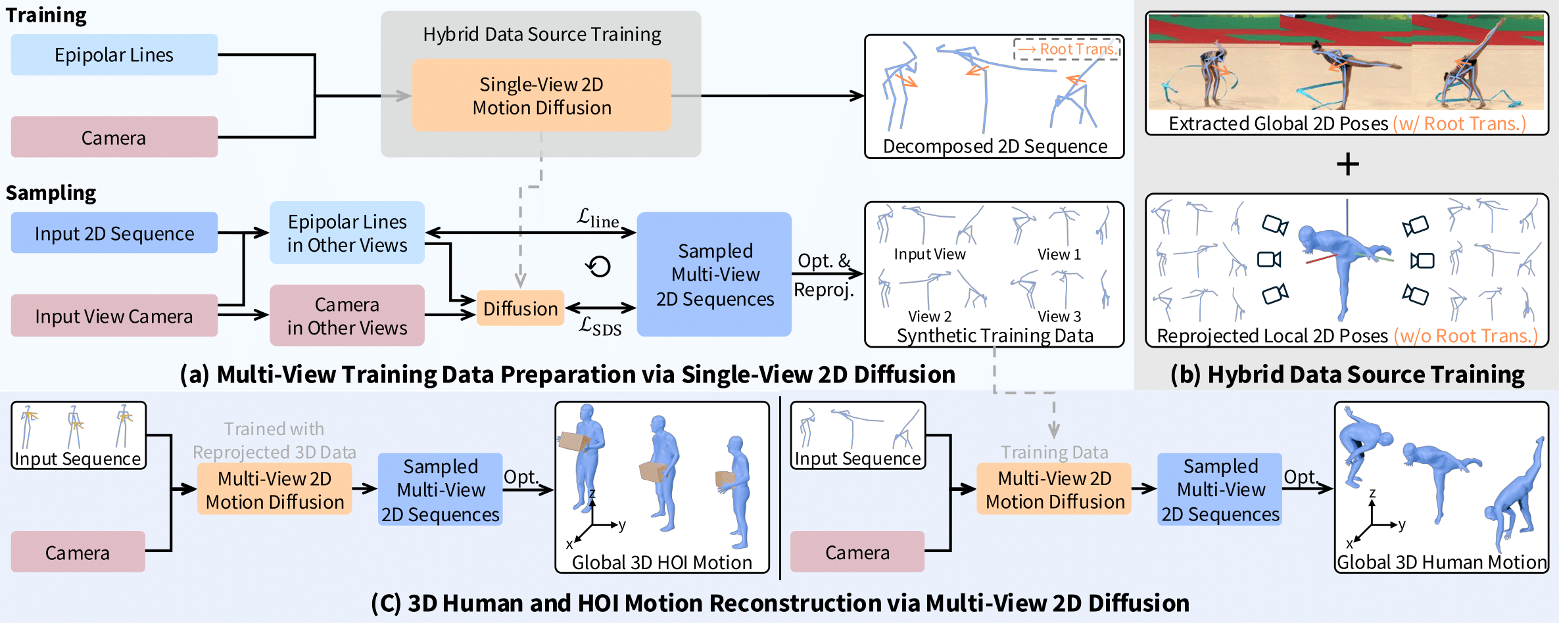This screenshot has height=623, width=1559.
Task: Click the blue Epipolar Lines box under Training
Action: pyautogui.click(x=114, y=55)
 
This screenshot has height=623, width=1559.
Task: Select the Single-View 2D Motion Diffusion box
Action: pyautogui.click(x=541, y=96)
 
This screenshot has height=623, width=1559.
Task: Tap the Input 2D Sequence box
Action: pyautogui.click(x=114, y=233)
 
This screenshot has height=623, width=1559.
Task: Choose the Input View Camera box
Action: pyautogui.click(x=114, y=316)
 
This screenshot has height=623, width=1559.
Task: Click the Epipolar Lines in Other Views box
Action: pyautogui.click(x=347, y=233)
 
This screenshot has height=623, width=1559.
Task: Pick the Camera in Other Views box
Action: pyautogui.click(x=347, y=316)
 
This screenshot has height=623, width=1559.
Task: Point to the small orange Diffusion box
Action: pyautogui.click(x=520, y=308)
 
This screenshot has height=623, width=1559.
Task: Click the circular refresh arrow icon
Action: pyautogui.click(x=598, y=266)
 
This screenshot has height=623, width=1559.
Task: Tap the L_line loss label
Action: pyautogui.click(x=598, y=218)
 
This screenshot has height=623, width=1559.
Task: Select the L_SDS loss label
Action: pyautogui.click(x=600, y=326)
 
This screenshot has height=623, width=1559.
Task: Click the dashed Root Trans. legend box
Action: pyautogui.click(x=1067, y=49)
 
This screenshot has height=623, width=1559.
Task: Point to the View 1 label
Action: pyautogui.click(x=1059, y=254)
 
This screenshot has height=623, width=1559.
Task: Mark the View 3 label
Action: pyautogui.click(x=1059, y=316)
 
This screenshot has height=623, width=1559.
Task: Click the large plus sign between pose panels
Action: pyautogui.click(x=1347, y=164)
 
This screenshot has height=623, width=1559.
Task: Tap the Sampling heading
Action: pyautogui.click(x=51, y=193)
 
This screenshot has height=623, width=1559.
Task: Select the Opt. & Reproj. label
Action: pyautogui.click(x=824, y=275)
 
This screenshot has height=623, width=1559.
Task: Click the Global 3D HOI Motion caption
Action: pyautogui.click(x=661, y=563)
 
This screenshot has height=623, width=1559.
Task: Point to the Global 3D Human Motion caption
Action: pyautogui.click(x=1441, y=563)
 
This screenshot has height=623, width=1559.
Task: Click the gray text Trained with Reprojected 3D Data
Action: pyautogui.click(x=274, y=440)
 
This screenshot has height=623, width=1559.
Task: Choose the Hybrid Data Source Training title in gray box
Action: pyautogui.click(x=542, y=34)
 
